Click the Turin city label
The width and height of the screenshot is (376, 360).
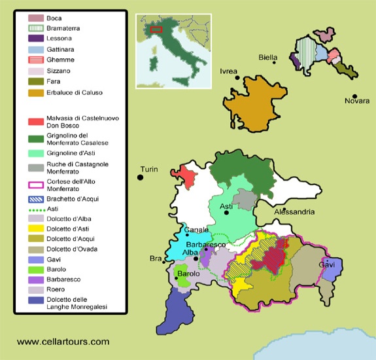click(149, 170)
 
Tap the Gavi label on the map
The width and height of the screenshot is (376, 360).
click(326, 264)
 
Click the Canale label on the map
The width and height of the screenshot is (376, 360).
click(196, 230)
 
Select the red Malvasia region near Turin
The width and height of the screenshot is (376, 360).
click(186, 177)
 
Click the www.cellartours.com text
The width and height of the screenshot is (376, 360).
click(63, 341)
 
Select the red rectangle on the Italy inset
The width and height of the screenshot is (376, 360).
click(156, 29)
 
